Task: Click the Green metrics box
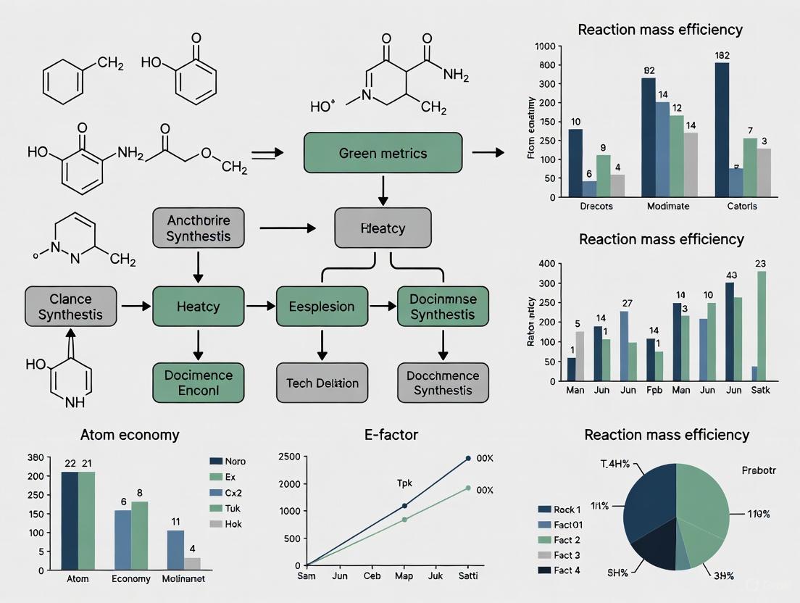point(383,153)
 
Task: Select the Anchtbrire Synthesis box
point(199,228)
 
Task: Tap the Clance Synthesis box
point(70,307)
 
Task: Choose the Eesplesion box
point(322,307)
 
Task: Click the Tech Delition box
point(322,383)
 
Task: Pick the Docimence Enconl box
point(199,383)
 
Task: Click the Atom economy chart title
point(130,436)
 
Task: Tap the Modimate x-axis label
point(668,206)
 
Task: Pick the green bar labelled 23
point(761,325)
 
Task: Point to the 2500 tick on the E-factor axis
point(290,457)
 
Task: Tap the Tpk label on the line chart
point(404,482)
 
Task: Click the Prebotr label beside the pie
point(759,470)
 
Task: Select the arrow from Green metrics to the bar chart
point(488,152)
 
